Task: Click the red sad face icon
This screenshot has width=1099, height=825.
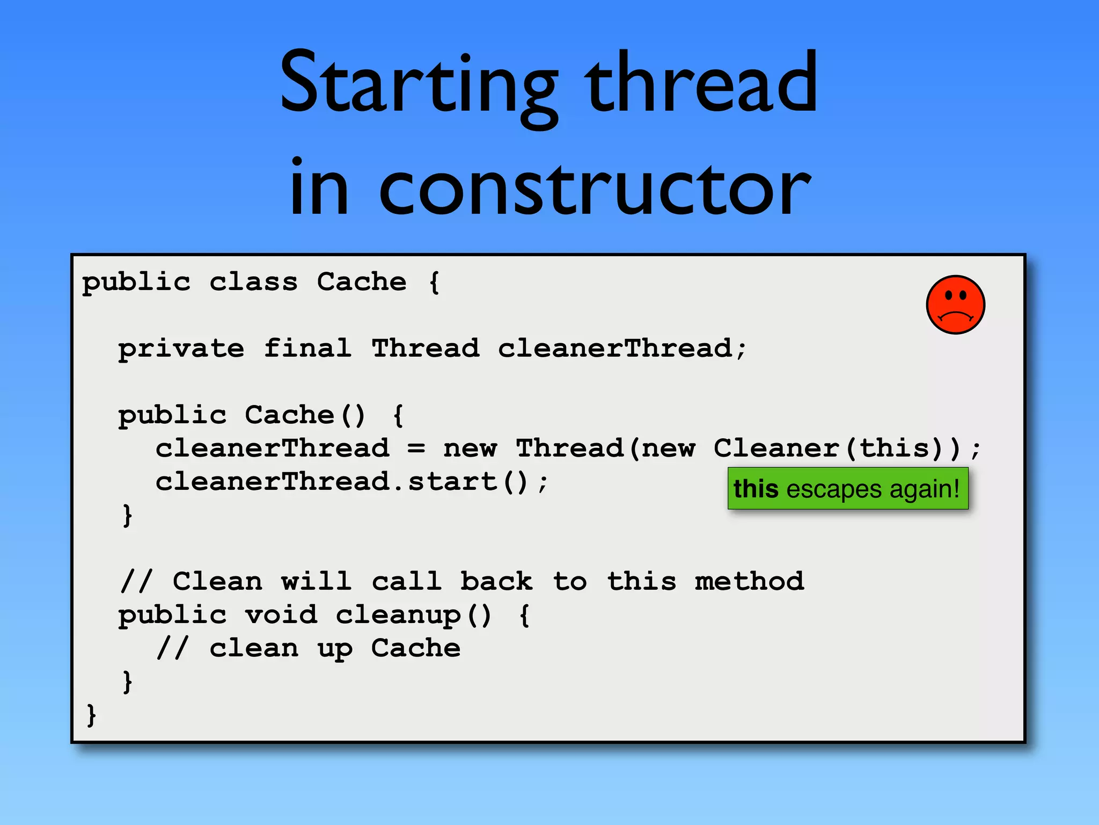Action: point(955,305)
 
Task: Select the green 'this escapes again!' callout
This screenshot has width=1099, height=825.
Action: point(848,489)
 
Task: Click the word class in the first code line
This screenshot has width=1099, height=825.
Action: point(253,282)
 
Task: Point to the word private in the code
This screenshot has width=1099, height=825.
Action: point(181,349)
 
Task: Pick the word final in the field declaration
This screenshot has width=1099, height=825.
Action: point(307,348)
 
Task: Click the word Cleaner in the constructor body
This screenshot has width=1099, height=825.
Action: point(776,448)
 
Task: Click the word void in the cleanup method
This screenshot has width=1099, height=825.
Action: point(281,614)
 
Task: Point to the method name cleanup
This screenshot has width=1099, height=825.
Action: point(398,616)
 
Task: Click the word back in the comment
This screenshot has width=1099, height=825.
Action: point(496,581)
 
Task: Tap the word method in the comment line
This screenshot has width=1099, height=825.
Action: point(749,581)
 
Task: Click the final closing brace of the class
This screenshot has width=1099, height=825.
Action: point(91,715)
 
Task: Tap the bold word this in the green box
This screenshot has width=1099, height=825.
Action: point(756,489)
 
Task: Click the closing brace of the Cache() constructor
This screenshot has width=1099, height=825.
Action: point(127,516)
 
